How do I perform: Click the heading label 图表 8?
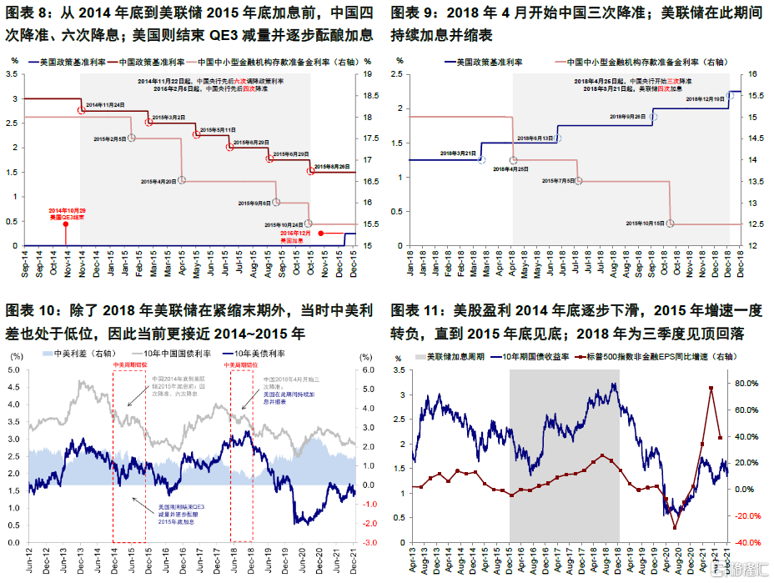(31, 13)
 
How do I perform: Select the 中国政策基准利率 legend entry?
(152, 62)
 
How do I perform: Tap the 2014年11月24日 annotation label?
(105, 104)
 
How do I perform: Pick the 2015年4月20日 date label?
(158, 181)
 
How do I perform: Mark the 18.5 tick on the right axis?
(364, 95)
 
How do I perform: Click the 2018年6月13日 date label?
(535, 138)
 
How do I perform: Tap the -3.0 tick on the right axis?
(368, 542)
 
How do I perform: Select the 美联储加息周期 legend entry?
(451, 357)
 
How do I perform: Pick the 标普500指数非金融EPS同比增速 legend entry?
(658, 357)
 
